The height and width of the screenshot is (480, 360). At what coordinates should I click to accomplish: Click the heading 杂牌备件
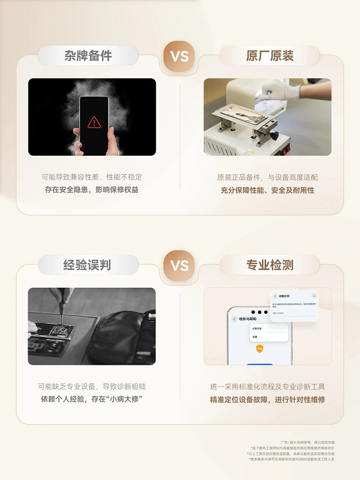[88, 56]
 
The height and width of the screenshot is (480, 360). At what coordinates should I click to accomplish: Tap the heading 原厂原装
[270, 56]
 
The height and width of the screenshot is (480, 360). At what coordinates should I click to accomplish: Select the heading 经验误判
[87, 265]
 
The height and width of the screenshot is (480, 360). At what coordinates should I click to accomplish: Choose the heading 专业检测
[270, 265]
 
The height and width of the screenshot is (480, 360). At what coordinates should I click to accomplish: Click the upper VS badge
[179, 56]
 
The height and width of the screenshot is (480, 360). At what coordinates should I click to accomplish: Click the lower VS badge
[179, 265]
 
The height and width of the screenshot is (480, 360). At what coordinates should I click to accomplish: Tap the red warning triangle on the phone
[94, 122]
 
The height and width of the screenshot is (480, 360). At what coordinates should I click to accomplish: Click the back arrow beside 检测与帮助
[234, 319]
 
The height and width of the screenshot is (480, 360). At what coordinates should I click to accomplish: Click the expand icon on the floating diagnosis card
[314, 296]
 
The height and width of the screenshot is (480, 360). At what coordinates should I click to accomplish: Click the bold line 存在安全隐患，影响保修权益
[92, 190]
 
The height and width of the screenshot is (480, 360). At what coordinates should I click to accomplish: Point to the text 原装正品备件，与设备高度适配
[268, 177]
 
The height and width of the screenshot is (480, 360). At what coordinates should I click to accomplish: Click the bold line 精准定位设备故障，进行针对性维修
[268, 399]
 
